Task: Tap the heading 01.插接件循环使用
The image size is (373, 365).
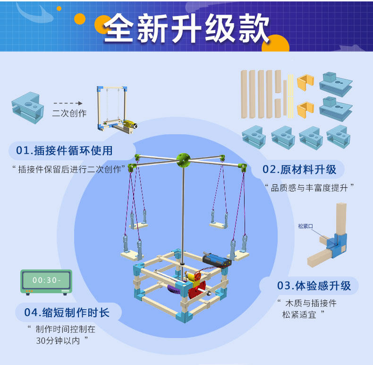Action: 64,151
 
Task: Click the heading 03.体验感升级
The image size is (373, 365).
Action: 314,286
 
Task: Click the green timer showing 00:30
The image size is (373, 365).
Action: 46,281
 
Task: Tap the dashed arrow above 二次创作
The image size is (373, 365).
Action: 68,103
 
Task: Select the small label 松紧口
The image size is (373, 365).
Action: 305,226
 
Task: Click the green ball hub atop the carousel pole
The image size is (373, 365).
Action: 182,160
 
